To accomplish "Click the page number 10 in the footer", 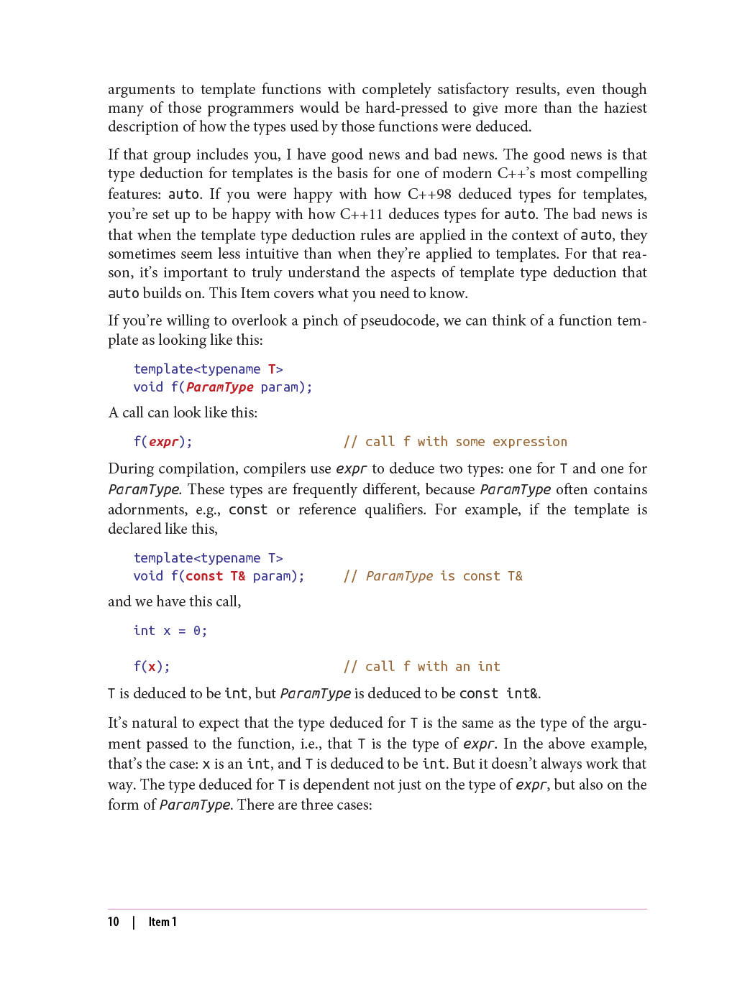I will click(114, 922).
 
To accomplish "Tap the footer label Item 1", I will click(163, 922).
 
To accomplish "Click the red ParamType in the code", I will click(219, 387).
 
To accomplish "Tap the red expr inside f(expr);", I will click(163, 442).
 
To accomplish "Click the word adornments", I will click(147, 509).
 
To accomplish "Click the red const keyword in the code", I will click(204, 576).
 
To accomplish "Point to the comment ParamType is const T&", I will click(444, 576).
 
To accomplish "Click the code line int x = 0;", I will click(170, 631).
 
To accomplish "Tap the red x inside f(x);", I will click(152, 667).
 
